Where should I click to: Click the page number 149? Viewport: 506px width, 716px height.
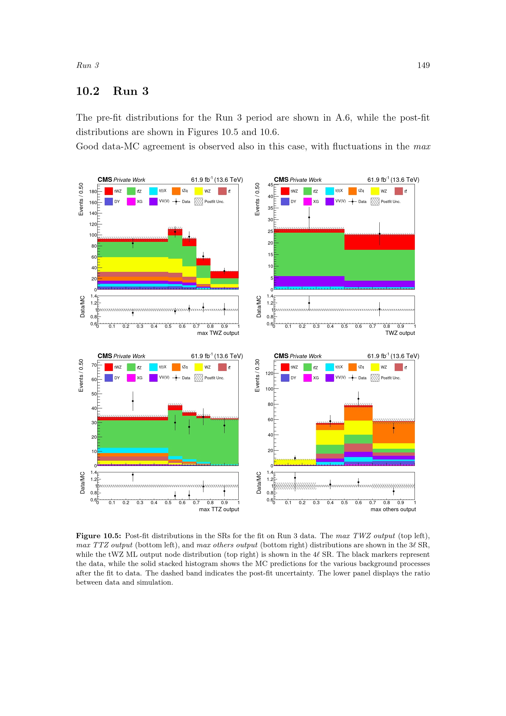[423, 65]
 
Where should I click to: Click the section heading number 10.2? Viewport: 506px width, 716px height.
[87, 91]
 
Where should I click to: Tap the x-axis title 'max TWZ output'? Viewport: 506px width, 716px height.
[218, 333]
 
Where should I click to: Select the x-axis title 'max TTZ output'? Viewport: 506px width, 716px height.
[219, 509]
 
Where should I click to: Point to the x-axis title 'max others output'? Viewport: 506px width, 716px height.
[393, 509]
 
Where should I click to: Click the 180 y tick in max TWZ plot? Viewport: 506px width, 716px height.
[93, 191]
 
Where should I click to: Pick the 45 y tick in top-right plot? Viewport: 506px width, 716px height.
[270, 185]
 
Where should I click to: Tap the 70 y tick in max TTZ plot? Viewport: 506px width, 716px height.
[94, 365]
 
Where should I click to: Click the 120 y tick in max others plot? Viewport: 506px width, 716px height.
[269, 373]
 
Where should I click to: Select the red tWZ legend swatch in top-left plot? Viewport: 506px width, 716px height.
[108, 191]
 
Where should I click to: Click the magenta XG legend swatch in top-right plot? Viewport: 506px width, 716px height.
[307, 201]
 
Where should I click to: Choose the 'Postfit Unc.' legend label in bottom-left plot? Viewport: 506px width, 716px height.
[214, 378]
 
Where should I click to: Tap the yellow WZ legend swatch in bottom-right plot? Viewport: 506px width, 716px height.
[375, 367]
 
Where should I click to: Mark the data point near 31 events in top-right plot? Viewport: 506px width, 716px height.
[309, 217]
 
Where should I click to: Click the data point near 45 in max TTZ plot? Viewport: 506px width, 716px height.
[133, 401]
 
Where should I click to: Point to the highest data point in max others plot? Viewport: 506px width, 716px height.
[358, 399]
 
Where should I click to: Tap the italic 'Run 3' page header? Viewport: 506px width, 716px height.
[87, 65]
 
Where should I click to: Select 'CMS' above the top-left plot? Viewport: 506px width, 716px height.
[105, 180]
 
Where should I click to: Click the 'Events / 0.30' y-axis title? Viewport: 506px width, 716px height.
[257, 376]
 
